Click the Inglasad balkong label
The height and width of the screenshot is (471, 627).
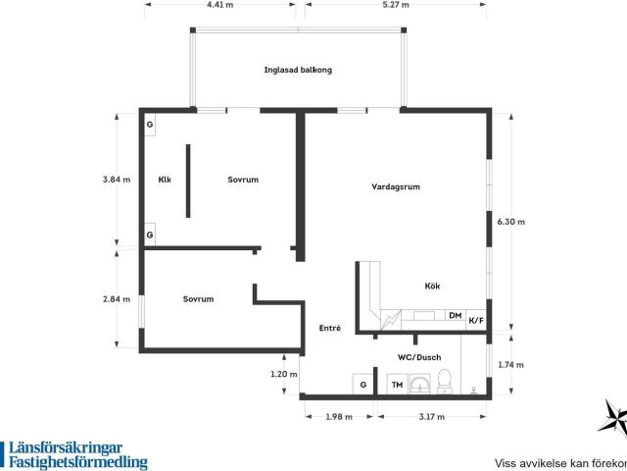(x=298, y=70)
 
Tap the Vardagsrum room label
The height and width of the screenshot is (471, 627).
(x=396, y=186)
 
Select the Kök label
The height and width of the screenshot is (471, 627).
(x=432, y=286)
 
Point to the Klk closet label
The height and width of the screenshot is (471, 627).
(x=165, y=180)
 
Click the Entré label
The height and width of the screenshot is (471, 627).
(x=330, y=328)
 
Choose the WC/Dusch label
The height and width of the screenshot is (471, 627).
(x=419, y=357)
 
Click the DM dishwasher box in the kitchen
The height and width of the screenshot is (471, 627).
(x=456, y=316)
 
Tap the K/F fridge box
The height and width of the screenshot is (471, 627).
(x=476, y=321)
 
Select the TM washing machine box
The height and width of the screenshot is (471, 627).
(x=397, y=384)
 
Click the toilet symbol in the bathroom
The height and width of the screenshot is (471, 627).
(x=444, y=381)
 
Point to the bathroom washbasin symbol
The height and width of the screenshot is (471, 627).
(x=420, y=384)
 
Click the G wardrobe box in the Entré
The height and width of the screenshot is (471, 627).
(x=363, y=384)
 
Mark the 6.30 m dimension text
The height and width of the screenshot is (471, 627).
(x=510, y=222)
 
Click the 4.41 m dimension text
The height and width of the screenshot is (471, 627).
(x=219, y=5)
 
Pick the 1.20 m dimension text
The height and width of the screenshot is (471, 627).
(x=284, y=374)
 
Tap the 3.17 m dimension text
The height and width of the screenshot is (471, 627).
(x=432, y=416)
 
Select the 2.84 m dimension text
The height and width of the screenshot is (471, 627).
(x=117, y=298)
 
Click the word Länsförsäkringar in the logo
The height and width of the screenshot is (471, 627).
(x=66, y=448)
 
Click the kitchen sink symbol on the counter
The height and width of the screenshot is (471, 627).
(x=424, y=316)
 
